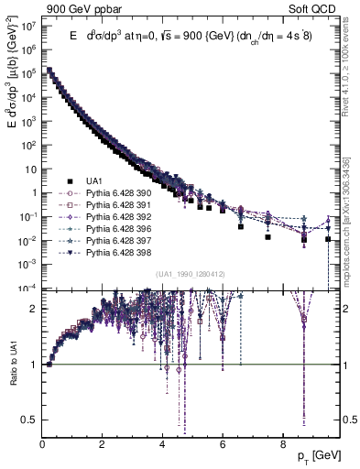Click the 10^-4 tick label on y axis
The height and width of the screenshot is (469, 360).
tap(27, 289)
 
